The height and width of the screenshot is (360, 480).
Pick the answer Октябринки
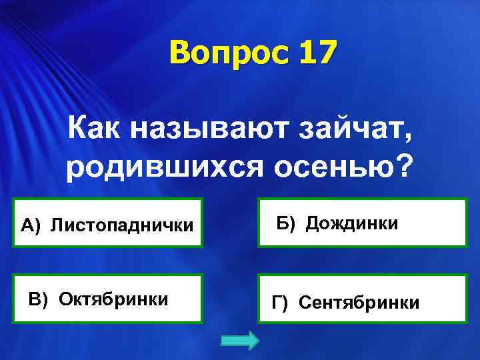point(113,298)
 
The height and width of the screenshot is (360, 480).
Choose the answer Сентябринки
point(359,303)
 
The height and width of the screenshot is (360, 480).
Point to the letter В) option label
point(38,298)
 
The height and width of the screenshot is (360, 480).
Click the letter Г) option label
point(280,303)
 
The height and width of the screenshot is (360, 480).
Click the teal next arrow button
point(239,341)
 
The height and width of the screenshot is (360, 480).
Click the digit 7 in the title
point(323,53)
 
